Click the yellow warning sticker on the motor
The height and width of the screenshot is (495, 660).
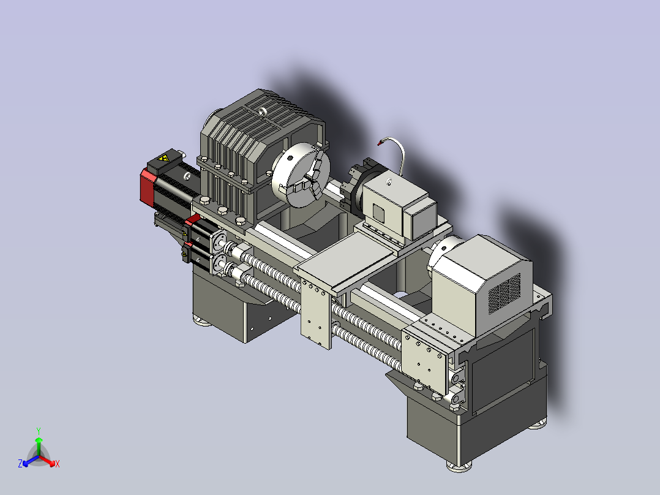click(x=163, y=159)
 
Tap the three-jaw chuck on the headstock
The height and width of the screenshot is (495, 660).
click(x=301, y=175)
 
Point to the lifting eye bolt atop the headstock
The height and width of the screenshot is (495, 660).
click(x=263, y=112)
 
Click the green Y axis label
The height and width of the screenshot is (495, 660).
click(x=39, y=431)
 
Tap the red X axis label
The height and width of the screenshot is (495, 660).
click(x=58, y=464)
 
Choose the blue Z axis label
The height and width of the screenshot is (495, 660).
click(x=20, y=464)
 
